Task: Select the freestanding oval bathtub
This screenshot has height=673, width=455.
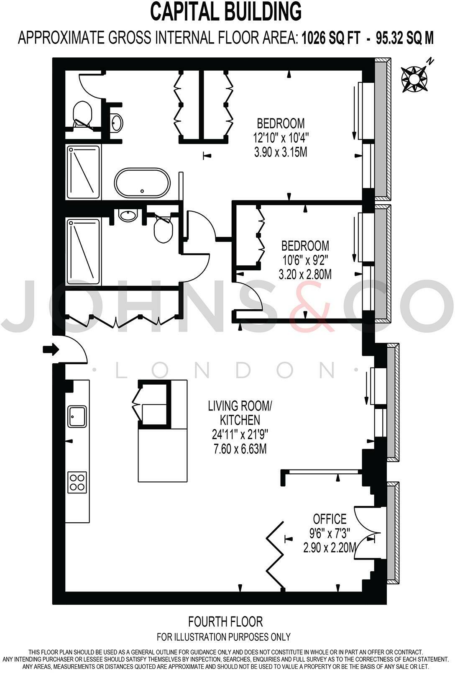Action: coord(143,183)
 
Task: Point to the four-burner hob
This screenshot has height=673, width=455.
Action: coord(77,481)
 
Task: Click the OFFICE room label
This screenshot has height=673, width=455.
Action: coord(330,519)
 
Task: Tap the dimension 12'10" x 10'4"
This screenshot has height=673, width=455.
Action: coord(281,137)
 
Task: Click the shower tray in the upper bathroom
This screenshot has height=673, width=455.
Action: coord(84,172)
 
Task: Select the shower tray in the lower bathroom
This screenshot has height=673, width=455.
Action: coord(83,251)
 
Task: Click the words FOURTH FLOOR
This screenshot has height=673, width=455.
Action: coord(225,621)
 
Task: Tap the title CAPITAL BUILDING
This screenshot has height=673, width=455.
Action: coord(226,12)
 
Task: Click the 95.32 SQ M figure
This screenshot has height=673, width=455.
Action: coord(404,39)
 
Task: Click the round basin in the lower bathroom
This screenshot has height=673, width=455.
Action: coord(128,216)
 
